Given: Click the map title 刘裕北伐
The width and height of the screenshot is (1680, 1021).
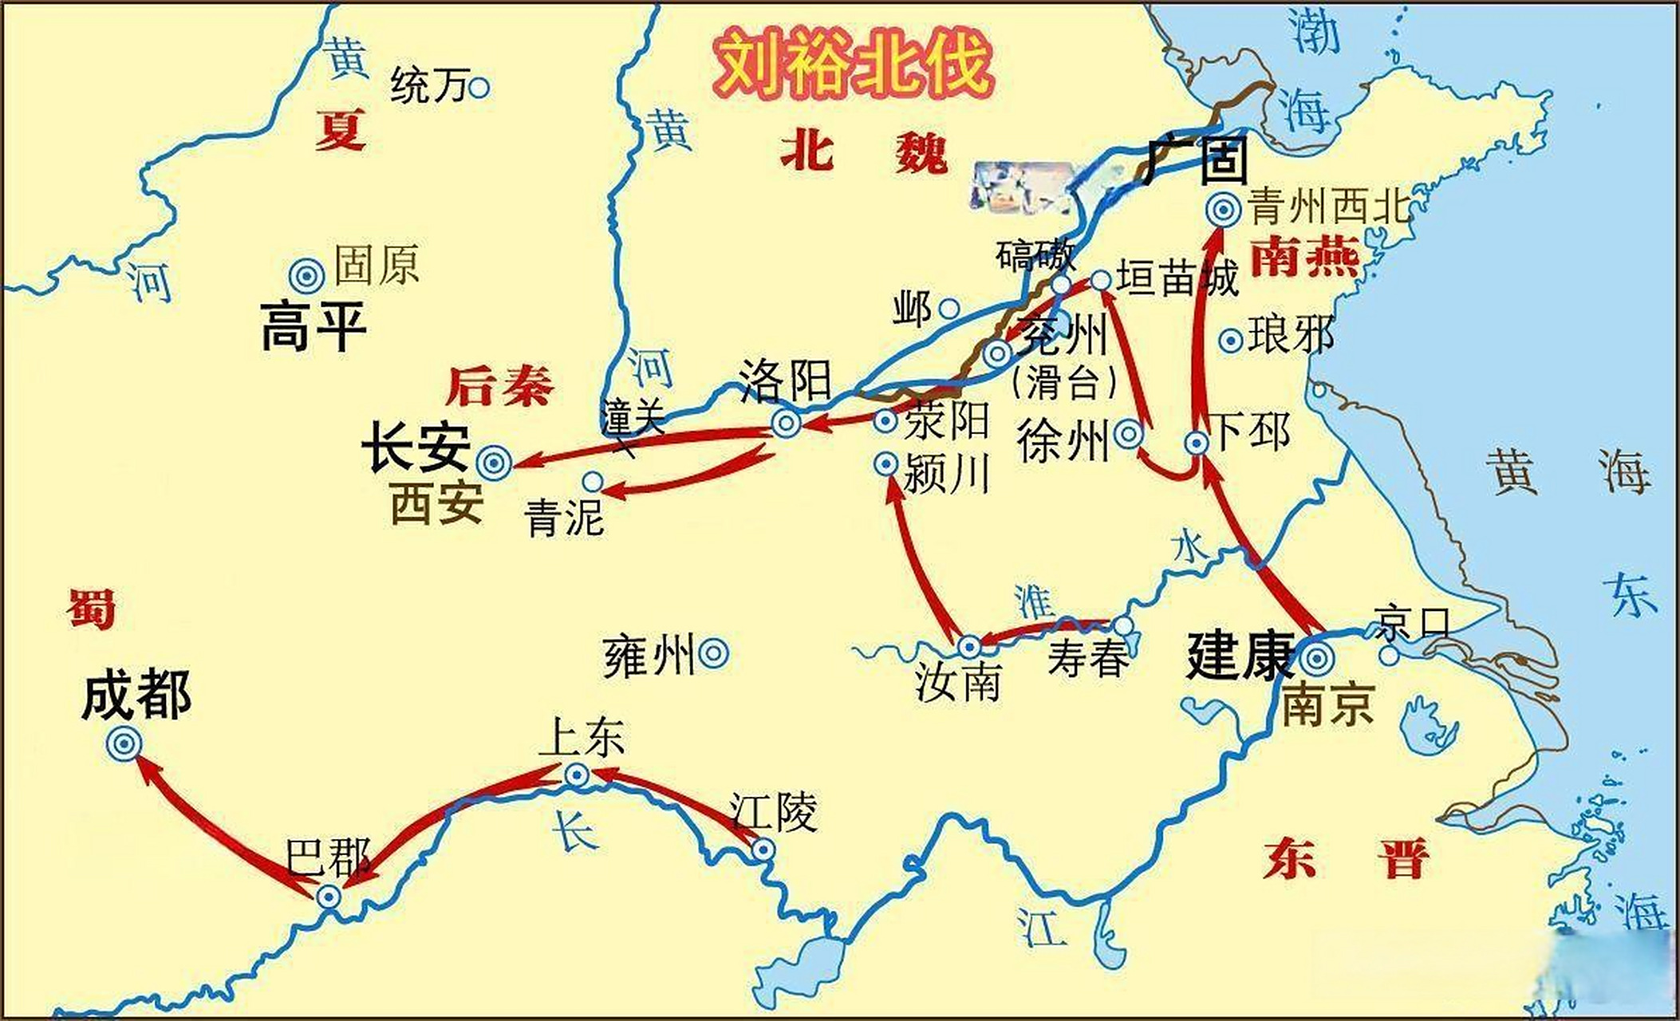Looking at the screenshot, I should (852, 65).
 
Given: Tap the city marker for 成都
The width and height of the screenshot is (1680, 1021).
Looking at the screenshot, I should (124, 743).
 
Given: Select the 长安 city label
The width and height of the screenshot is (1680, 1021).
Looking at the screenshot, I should (416, 447).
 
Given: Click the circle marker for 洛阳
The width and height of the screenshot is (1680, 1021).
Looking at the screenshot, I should (786, 423).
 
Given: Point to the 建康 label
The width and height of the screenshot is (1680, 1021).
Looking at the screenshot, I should (1239, 656).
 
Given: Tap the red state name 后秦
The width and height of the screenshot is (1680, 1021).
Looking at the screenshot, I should (499, 387).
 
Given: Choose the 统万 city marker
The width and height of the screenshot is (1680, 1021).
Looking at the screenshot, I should (479, 87).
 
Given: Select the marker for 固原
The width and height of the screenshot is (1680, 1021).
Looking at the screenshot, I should (306, 275).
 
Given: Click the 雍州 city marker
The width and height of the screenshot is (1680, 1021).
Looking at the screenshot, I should (713, 654).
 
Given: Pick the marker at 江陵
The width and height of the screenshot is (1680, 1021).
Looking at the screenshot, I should (763, 850).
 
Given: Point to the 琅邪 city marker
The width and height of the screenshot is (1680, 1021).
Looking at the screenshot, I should (1231, 341).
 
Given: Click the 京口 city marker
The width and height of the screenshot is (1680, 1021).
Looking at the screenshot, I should (1389, 655).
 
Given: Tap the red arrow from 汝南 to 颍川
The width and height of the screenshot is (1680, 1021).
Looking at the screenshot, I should (917, 558).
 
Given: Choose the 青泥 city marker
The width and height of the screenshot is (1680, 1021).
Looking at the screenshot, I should (593, 481).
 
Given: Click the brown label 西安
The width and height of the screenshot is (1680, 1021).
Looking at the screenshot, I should (436, 504).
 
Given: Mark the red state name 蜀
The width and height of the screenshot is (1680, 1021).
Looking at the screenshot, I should (91, 610).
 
